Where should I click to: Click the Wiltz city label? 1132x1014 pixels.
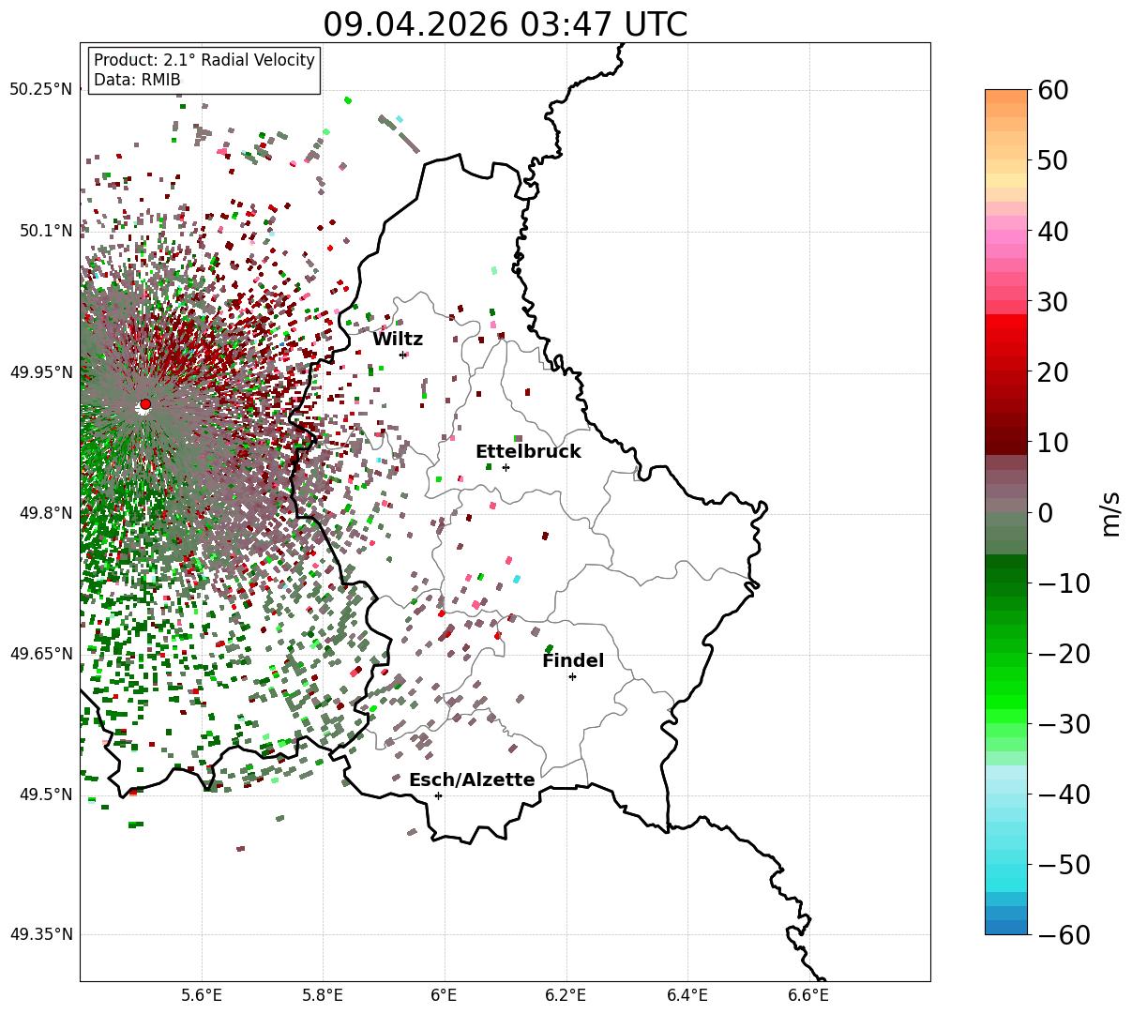tap(398, 339)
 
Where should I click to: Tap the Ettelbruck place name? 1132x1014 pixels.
tap(528, 451)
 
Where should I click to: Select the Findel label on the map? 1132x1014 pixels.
tap(573, 660)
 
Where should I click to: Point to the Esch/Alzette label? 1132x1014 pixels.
tap(472, 779)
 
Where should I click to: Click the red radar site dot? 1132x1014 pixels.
tap(145, 404)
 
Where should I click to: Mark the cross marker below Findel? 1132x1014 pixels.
tap(572, 677)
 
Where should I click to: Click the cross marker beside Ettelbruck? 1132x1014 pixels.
tap(506, 468)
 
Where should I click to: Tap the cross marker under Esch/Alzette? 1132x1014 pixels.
tap(438, 795)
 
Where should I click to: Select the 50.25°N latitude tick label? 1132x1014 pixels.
tap(40, 89)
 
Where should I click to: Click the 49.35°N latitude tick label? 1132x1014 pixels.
tap(40, 934)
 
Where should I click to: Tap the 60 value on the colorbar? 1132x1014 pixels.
tap(1052, 90)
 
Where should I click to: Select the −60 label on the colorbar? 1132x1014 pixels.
tap(1064, 934)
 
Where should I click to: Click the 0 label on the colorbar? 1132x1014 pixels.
tap(1046, 512)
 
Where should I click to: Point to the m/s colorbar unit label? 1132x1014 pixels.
tap(1109, 514)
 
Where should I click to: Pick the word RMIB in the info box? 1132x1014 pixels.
tap(161, 80)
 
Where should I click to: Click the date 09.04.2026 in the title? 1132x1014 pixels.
tap(415, 24)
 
